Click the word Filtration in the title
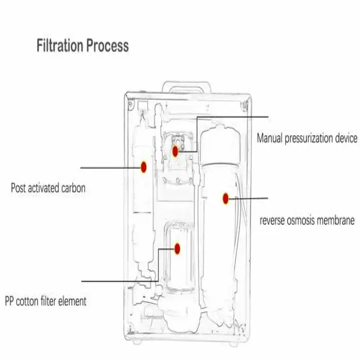click(x=60, y=46)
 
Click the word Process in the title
click(x=107, y=46)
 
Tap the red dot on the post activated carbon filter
click(x=144, y=167)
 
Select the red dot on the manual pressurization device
click(x=175, y=151)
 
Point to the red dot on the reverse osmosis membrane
click(x=225, y=198)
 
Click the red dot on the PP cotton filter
click(x=177, y=248)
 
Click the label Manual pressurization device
click(x=307, y=138)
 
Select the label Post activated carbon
click(x=48, y=188)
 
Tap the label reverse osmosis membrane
click(x=307, y=221)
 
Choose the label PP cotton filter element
click(x=45, y=301)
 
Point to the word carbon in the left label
click(x=73, y=188)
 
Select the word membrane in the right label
click(x=338, y=221)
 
